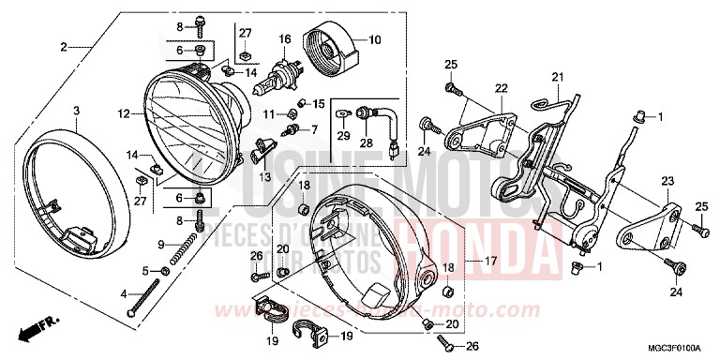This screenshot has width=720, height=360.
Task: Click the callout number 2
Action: (65, 47)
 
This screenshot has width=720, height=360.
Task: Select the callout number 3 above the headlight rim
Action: (76, 111)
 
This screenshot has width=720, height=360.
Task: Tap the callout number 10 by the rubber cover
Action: (374, 40)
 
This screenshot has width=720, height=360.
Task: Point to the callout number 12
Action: (124, 114)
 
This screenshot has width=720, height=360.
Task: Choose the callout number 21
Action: (557, 77)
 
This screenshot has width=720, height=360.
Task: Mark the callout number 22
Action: (501, 87)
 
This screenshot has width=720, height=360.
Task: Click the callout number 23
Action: (667, 182)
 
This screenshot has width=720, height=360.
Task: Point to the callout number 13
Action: (265, 176)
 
